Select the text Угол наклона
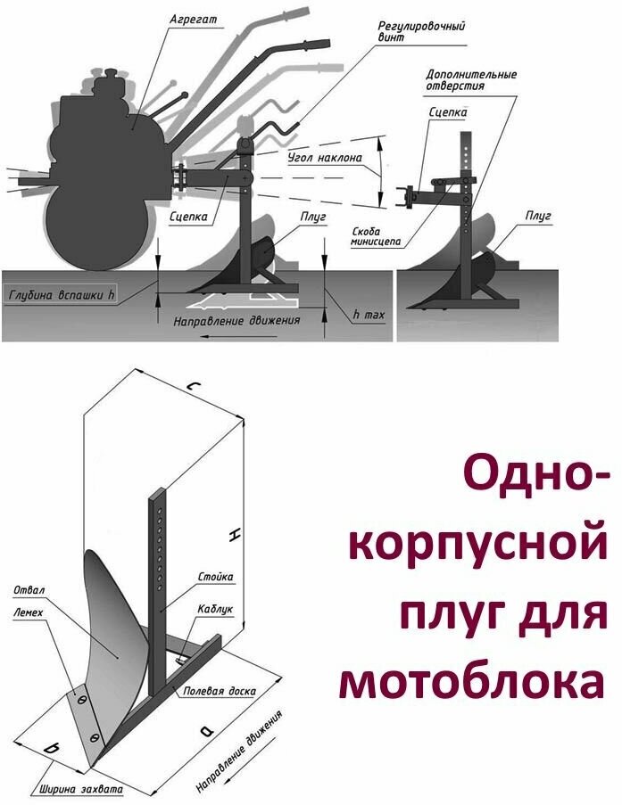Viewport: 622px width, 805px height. pyautogui.click(x=325, y=159)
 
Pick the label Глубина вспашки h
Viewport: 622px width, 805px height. pyautogui.click(x=61, y=292)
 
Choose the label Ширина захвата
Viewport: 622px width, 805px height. pyautogui.click(x=80, y=789)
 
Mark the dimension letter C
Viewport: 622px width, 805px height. pyautogui.click(x=189, y=386)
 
